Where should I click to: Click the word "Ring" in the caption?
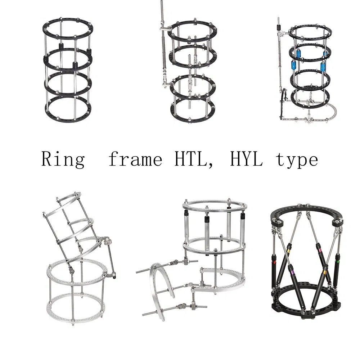tap(63, 159)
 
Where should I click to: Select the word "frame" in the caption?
tap(135, 159)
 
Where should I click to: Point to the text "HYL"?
tap(247, 159)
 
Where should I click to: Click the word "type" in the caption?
tap(297, 159)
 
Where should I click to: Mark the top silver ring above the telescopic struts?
tap(214, 205)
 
